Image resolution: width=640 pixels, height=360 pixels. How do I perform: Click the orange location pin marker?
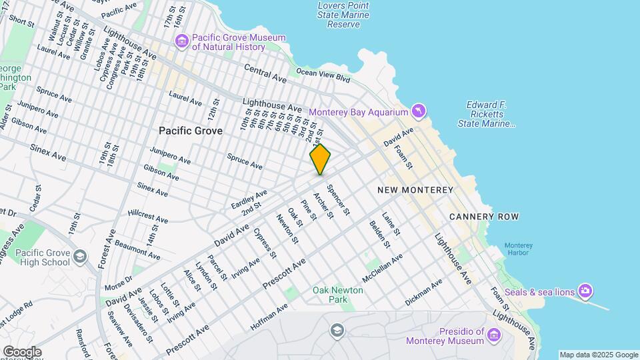tap(320, 159)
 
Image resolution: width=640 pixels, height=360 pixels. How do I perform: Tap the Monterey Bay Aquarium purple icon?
tap(417, 109)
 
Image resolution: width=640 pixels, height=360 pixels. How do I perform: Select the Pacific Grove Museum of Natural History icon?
tap(182, 42)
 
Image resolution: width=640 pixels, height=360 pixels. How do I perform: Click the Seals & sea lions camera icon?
tap(585, 291)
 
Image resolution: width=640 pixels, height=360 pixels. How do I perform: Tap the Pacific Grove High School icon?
tap(80, 257)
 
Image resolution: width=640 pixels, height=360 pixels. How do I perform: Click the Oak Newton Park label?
tap(338, 295)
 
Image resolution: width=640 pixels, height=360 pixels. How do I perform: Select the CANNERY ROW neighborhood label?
tap(484, 217)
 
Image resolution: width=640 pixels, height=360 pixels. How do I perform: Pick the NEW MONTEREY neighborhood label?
tap(415, 190)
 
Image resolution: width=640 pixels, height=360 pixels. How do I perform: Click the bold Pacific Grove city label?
tap(191, 131)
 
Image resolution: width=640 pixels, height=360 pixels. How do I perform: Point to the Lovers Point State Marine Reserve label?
tap(344, 15)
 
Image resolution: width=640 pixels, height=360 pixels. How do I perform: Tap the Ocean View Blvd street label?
tap(323, 75)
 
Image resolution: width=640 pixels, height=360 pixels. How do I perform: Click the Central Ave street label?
tap(265, 73)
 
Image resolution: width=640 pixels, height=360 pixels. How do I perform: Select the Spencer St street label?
tap(339, 200)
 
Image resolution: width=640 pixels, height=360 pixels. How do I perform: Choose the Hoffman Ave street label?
tap(269, 317)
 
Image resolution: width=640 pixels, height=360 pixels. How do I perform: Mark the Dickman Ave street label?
tap(423, 293)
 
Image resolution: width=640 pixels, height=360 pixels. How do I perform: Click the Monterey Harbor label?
tap(518, 249)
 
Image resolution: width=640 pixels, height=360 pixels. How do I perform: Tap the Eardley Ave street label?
tap(249, 198)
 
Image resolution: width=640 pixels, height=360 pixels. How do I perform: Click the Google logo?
tap(21, 352)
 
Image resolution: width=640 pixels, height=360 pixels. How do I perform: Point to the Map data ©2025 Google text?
tap(598, 355)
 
